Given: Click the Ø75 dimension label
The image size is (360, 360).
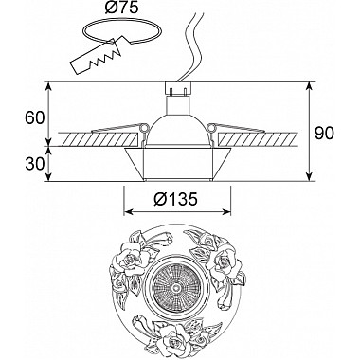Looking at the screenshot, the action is (x=121, y=9).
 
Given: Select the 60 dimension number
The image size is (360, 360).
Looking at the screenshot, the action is (x=34, y=118).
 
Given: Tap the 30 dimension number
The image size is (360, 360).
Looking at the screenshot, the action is (x=34, y=164).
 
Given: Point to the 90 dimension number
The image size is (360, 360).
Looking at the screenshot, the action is (x=324, y=134).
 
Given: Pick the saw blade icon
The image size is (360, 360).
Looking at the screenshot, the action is (x=95, y=57).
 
